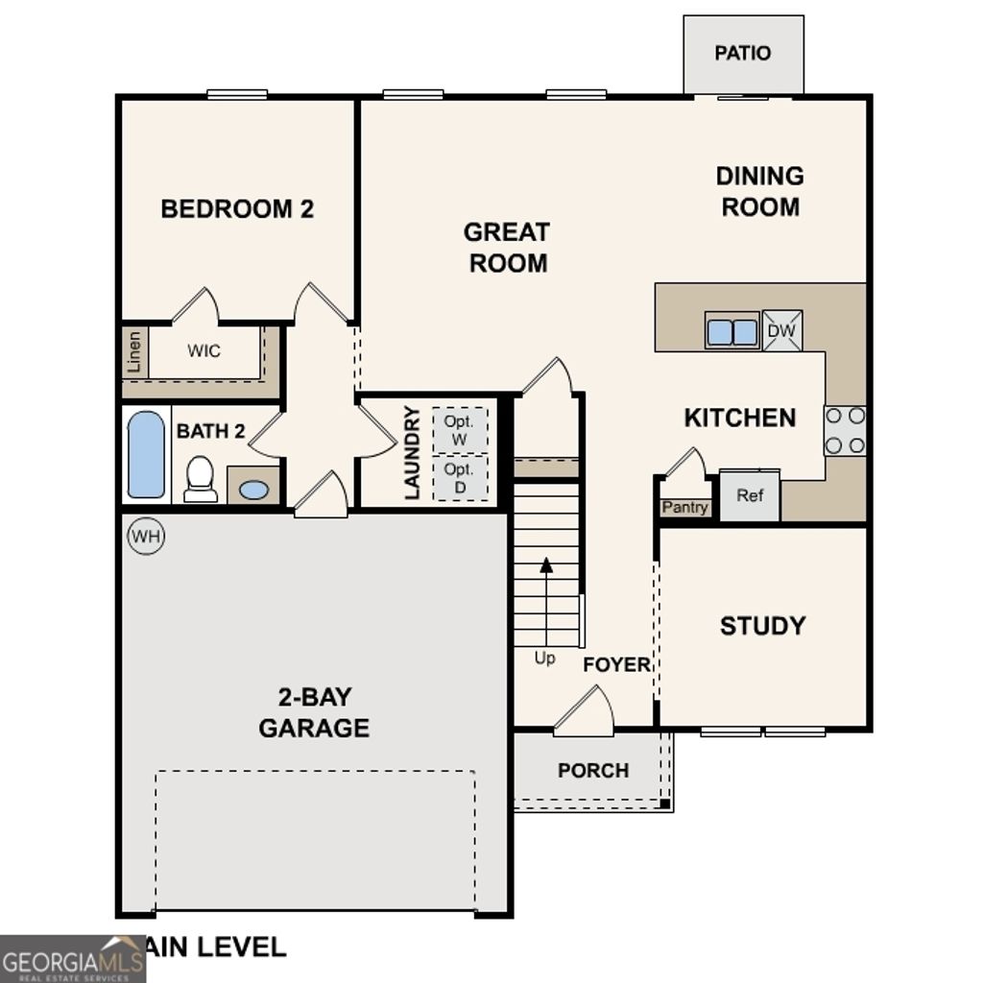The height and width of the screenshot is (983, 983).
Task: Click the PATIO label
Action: (x=742, y=53)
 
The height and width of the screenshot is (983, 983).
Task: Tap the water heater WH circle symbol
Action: (x=146, y=536)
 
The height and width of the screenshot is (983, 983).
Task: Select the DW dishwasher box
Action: (x=781, y=331)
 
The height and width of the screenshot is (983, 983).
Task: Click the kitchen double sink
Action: (x=732, y=331)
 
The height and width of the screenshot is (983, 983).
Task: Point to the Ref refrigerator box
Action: (x=750, y=496)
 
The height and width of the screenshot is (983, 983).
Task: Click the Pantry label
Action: (x=685, y=508)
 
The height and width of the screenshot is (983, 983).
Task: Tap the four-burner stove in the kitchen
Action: (x=845, y=430)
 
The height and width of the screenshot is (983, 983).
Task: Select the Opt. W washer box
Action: (x=460, y=428)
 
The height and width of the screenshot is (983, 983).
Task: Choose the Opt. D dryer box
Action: (x=460, y=477)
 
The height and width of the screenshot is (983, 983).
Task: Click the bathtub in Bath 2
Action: (x=146, y=454)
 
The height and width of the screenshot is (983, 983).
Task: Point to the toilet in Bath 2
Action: (x=201, y=478)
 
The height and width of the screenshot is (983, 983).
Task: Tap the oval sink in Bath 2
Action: (x=253, y=490)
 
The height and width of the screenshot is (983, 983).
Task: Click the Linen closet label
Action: (x=134, y=352)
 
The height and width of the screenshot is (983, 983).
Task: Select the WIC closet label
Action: (x=204, y=351)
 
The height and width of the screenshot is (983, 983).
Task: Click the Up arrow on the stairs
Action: (x=546, y=600)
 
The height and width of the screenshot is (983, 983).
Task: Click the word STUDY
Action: (x=762, y=626)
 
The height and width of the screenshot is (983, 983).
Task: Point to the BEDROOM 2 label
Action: (x=237, y=209)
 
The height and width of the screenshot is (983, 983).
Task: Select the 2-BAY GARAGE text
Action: (x=314, y=712)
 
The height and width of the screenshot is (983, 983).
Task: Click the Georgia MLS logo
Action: (x=72, y=959)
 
